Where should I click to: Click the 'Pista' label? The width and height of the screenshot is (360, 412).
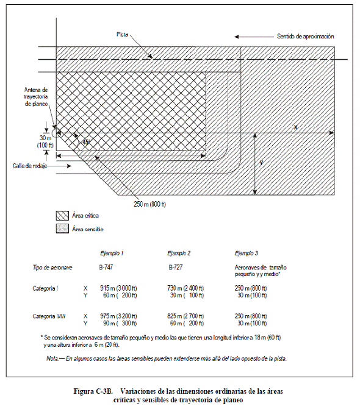(122, 34)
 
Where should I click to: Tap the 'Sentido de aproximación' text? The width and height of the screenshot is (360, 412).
(306, 37)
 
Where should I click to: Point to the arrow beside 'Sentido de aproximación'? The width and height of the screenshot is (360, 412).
(254, 37)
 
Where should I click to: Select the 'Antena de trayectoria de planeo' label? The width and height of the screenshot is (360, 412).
(36, 97)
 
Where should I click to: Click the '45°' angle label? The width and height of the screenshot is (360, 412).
(86, 142)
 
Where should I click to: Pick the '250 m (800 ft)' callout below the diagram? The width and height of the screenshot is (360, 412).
(149, 204)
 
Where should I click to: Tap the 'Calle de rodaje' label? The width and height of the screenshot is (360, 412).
(30, 166)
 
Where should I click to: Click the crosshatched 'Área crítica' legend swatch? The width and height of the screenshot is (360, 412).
(62, 216)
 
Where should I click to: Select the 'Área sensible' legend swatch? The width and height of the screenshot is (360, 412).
(62, 229)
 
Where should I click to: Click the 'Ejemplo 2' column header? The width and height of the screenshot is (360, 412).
(179, 254)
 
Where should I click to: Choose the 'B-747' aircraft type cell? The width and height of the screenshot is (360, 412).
(106, 268)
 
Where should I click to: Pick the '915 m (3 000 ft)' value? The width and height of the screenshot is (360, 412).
(118, 288)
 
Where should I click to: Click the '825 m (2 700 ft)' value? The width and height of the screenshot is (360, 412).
(185, 316)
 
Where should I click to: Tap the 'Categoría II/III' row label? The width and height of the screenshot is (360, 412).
(49, 316)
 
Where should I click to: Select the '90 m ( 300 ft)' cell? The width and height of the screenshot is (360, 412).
(120, 323)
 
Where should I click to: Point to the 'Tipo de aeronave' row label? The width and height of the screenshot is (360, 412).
(52, 268)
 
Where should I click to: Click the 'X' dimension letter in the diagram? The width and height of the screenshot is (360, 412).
(295, 127)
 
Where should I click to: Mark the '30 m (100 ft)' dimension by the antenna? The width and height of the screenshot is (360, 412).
(45, 141)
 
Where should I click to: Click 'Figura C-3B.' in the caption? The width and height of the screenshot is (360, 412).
(93, 391)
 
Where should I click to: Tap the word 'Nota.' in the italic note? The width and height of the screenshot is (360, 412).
(52, 358)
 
